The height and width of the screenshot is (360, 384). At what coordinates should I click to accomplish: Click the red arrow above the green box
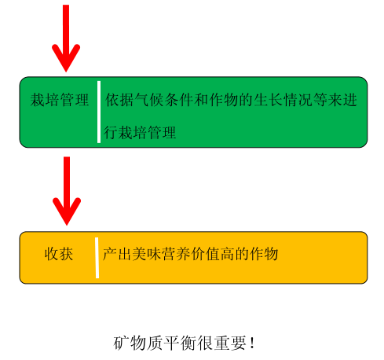pyautogui.click(x=66, y=38)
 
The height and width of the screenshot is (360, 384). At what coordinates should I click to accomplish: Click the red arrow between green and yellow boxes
pyautogui.click(x=67, y=191)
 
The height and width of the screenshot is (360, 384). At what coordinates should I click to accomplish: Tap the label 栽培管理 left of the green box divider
pyautogui.click(x=60, y=100)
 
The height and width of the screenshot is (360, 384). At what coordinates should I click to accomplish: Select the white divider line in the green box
pyautogui.click(x=99, y=112)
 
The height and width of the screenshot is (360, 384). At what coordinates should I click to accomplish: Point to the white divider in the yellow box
pyautogui.click(x=97, y=258)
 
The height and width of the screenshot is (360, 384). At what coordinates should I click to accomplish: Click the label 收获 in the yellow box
pyautogui.click(x=59, y=254)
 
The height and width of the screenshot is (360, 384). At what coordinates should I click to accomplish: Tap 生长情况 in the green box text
pyautogui.click(x=283, y=100)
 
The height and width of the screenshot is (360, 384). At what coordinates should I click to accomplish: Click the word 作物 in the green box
pyautogui.click(x=223, y=100)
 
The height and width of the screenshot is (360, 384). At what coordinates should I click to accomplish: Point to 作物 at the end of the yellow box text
pyautogui.click(x=264, y=254)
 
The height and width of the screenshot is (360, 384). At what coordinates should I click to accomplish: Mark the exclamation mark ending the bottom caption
pyautogui.click(x=252, y=343)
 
